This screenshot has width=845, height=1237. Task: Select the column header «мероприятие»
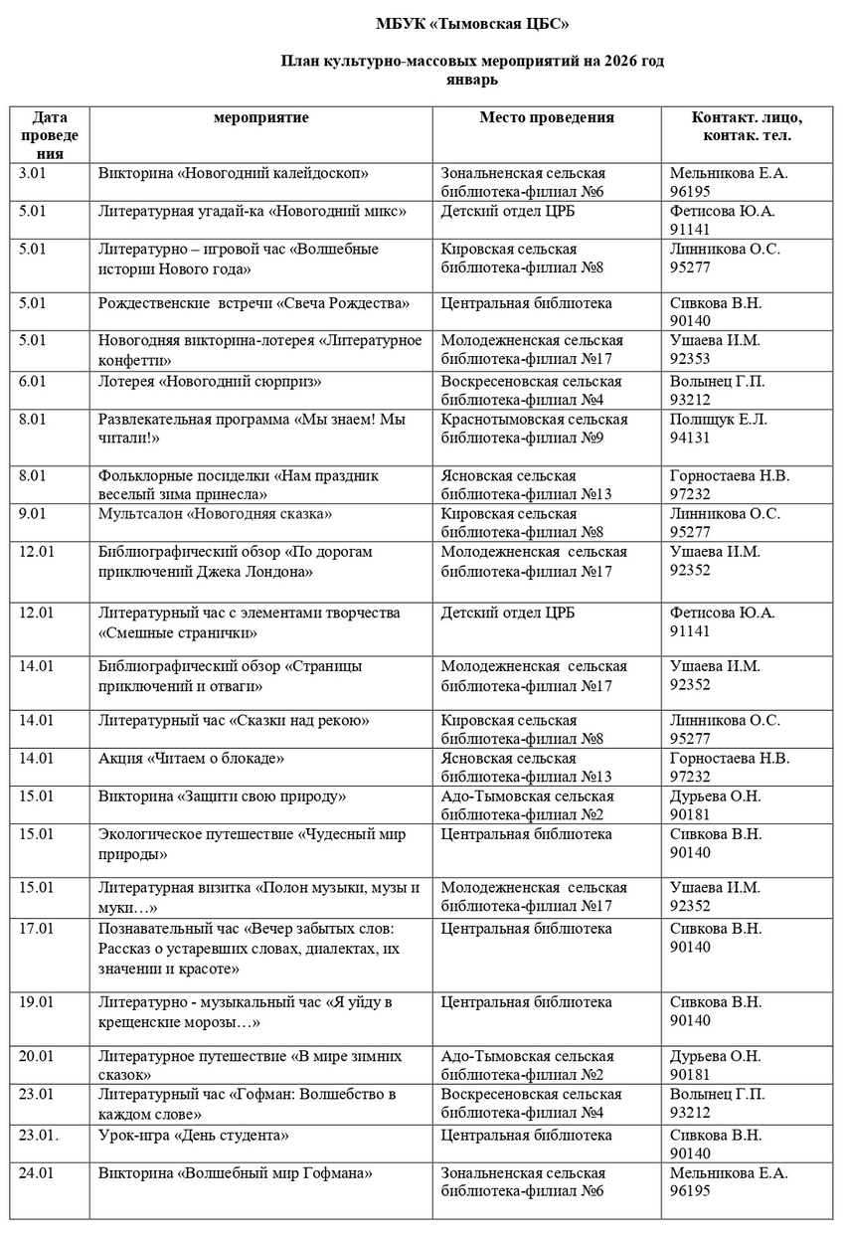click(260, 118)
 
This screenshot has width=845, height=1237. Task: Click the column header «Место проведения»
click(547, 118)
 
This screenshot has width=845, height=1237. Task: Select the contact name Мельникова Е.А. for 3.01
click(729, 174)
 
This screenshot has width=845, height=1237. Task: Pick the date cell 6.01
click(32, 381)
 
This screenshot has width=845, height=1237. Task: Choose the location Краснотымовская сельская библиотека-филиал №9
click(534, 428)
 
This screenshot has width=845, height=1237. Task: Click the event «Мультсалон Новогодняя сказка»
click(215, 514)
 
